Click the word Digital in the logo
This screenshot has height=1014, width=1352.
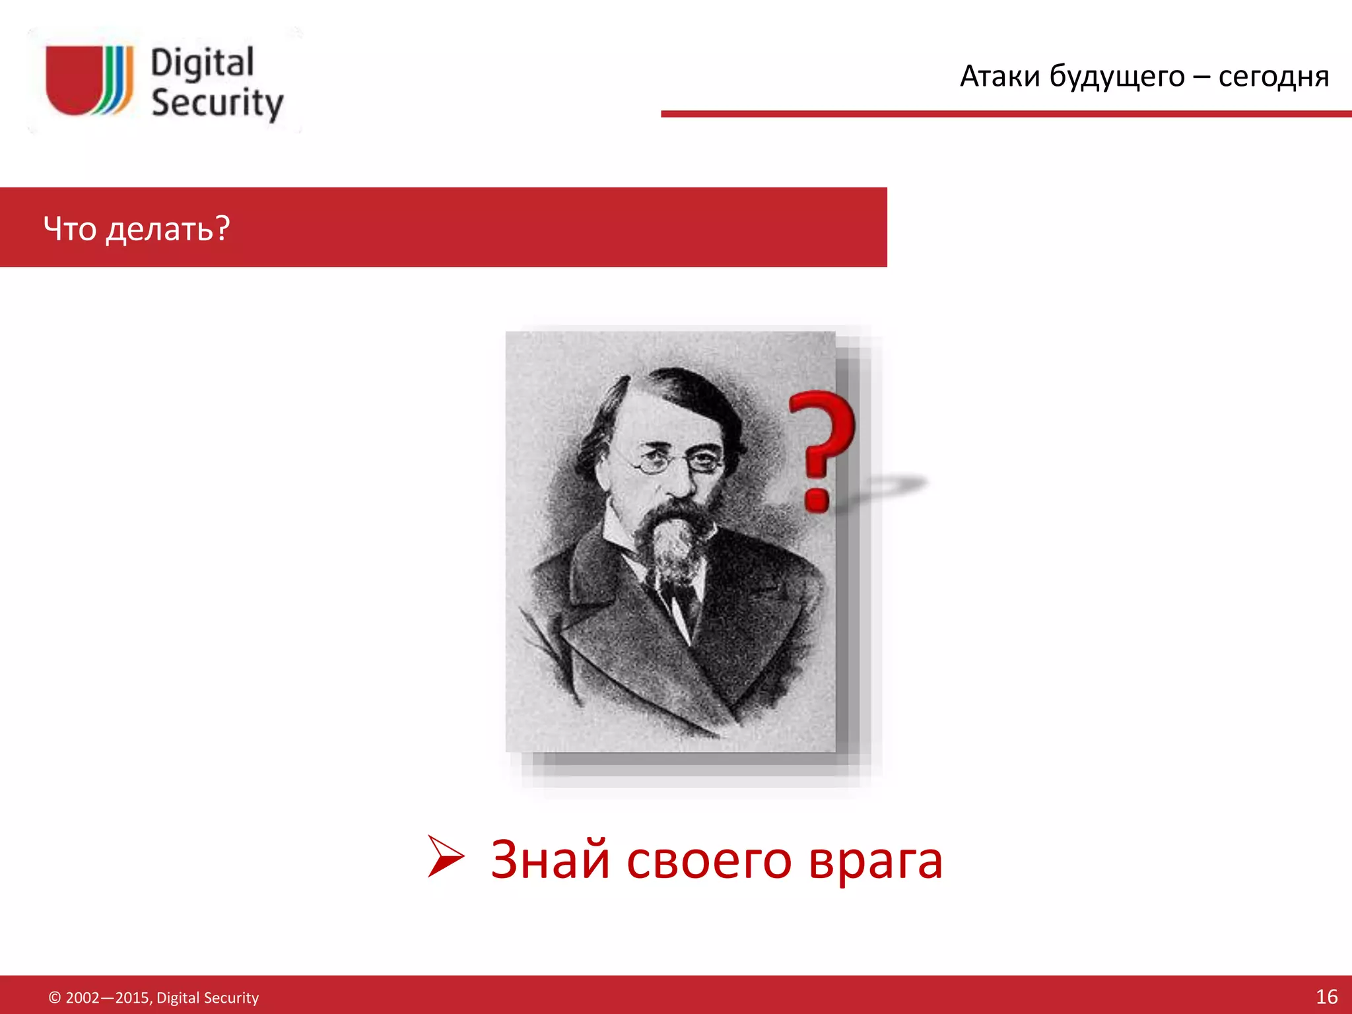202,64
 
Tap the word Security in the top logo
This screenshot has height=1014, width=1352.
217,103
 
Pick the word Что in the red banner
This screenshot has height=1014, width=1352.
70,228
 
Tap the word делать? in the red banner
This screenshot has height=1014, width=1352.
168,230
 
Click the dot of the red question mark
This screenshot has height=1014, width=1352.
817,498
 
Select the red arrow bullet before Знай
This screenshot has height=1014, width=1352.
446,856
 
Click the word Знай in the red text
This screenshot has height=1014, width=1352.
550,860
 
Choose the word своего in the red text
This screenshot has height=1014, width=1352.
708,861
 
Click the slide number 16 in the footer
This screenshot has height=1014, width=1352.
1326,996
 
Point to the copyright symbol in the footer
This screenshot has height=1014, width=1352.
55,997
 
